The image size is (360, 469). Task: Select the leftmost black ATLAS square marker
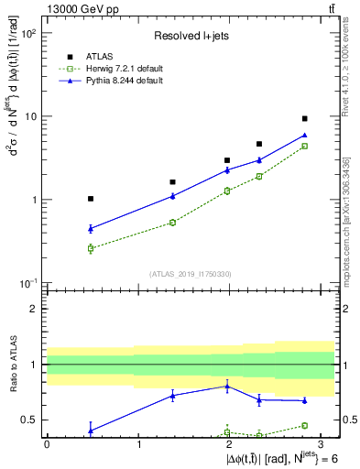[90, 198]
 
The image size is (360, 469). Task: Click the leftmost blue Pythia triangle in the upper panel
[90, 228]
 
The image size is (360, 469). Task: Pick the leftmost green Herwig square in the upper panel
[90, 248]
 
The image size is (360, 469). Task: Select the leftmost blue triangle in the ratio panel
[90, 430]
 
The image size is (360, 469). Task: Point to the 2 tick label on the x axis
[227, 444]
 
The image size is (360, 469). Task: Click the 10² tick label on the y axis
[28, 33]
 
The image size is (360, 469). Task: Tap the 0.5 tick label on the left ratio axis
[28, 420]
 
